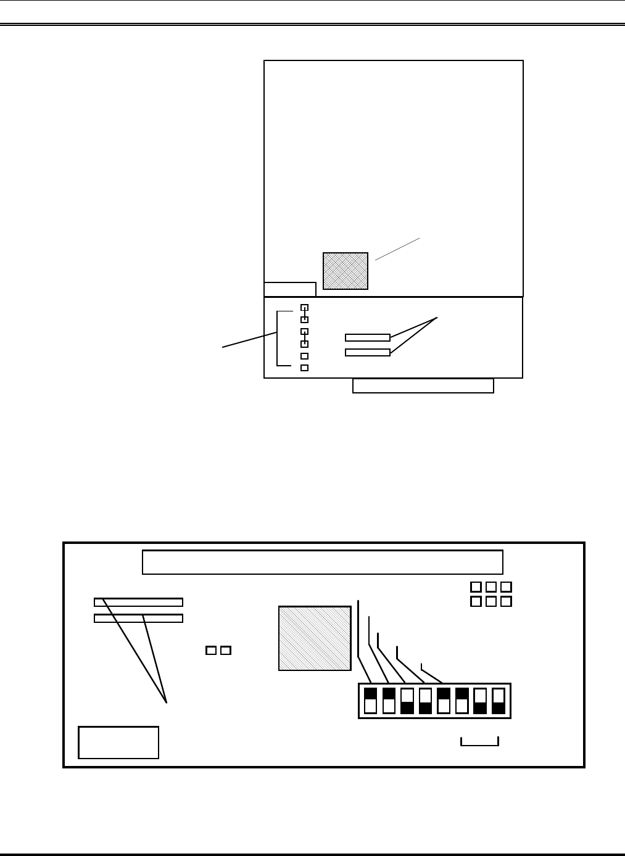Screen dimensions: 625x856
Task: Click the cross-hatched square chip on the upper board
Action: pos(346,271)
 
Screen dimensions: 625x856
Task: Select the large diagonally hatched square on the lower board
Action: pos(315,638)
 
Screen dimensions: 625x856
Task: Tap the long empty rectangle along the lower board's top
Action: pos(323,562)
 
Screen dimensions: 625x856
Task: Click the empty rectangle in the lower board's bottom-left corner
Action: pos(118,743)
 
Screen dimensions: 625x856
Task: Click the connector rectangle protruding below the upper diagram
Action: pos(423,386)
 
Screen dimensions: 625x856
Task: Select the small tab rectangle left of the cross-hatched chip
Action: pos(290,289)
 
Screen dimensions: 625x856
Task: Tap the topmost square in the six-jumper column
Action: pos(304,308)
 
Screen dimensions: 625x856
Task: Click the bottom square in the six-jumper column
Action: pos(304,368)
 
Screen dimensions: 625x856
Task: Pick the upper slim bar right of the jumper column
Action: pos(368,337)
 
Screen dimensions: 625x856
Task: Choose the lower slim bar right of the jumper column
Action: pos(368,353)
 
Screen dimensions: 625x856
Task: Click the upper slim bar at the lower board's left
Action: pos(138,602)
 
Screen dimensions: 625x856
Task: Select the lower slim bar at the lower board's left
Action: pos(138,618)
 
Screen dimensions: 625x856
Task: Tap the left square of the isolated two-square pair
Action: pos(211,650)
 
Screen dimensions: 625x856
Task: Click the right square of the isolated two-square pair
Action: pos(226,650)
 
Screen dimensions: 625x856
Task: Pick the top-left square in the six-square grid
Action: pos(476,587)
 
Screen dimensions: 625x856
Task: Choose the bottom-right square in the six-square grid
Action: pos(506,601)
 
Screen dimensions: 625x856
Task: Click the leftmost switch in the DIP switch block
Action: pos(370,701)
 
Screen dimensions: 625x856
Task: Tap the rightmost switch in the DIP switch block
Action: pos(498,701)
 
